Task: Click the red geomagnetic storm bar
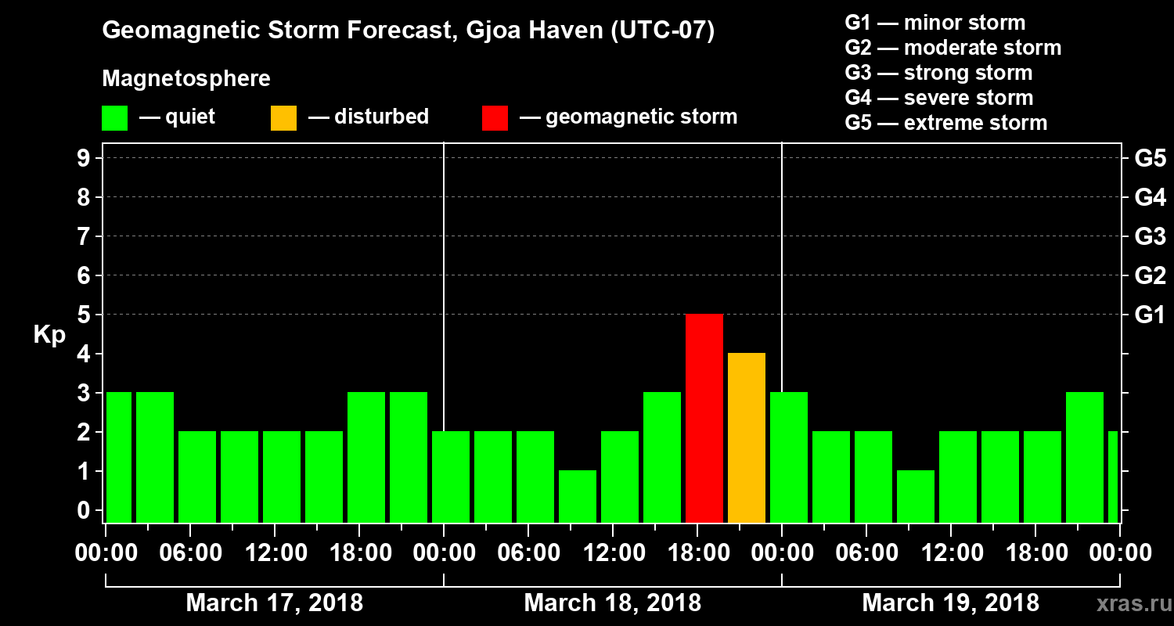(704, 418)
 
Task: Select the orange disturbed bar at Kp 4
(746, 437)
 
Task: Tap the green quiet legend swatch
(114, 118)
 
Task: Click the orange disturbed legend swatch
(283, 118)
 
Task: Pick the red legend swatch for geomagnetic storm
(495, 118)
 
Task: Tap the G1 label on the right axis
(1150, 315)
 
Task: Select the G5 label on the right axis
(1150, 159)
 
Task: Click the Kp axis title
(49, 335)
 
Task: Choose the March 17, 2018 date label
(274, 603)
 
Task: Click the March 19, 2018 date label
(950, 603)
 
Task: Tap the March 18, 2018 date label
(612, 603)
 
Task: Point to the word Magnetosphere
(186, 79)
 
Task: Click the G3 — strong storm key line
(938, 73)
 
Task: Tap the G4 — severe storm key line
(938, 98)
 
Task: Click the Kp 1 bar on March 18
(577, 496)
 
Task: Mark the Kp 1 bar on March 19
(915, 496)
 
